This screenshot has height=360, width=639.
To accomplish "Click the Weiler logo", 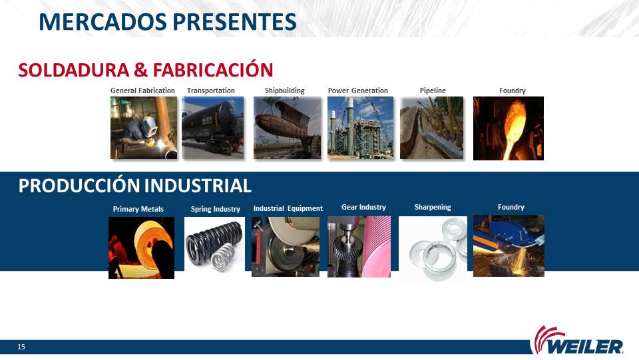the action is (576, 341).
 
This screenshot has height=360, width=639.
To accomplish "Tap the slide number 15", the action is (21, 347).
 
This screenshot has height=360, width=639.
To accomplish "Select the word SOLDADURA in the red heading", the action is (74, 70).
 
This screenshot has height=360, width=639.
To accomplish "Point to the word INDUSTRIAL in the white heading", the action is (198, 186).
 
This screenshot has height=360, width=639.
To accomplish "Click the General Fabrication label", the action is (142, 90).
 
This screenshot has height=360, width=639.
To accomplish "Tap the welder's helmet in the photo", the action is (148, 125).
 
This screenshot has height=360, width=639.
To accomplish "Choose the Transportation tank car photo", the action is (213, 128).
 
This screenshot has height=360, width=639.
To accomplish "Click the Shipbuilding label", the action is (284, 90).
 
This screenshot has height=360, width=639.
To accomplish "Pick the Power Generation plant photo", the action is (361, 128).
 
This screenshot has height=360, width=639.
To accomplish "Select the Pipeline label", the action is (433, 90).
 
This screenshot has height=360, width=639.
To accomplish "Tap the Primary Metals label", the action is (138, 209).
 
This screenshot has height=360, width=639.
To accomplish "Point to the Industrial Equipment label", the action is (288, 208).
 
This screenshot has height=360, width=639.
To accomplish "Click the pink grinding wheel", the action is (377, 247).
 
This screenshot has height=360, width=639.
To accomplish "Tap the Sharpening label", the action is (433, 207).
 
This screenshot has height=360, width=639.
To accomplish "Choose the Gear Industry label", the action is (363, 207).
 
